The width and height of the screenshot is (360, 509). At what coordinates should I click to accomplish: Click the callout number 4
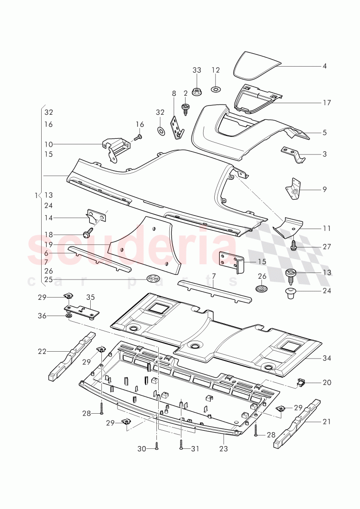click(x=325, y=66)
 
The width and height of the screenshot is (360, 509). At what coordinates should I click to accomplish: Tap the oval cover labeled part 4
click(x=256, y=65)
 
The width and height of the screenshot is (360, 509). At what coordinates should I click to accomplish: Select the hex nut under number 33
click(x=197, y=90)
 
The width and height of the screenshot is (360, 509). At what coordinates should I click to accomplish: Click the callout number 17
click(x=327, y=103)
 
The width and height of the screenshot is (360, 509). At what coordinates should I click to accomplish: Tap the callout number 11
click(x=327, y=228)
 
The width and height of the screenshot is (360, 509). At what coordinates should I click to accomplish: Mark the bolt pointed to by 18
click(x=87, y=234)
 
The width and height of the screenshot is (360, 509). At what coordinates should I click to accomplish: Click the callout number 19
click(x=49, y=244)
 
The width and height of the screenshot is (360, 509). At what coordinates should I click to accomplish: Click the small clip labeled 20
click(x=301, y=382)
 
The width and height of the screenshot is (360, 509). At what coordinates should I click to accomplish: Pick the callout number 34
click(x=327, y=358)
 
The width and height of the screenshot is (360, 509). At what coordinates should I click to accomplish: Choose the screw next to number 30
click(x=157, y=445)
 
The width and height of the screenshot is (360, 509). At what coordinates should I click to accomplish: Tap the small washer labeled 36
click(x=68, y=316)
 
